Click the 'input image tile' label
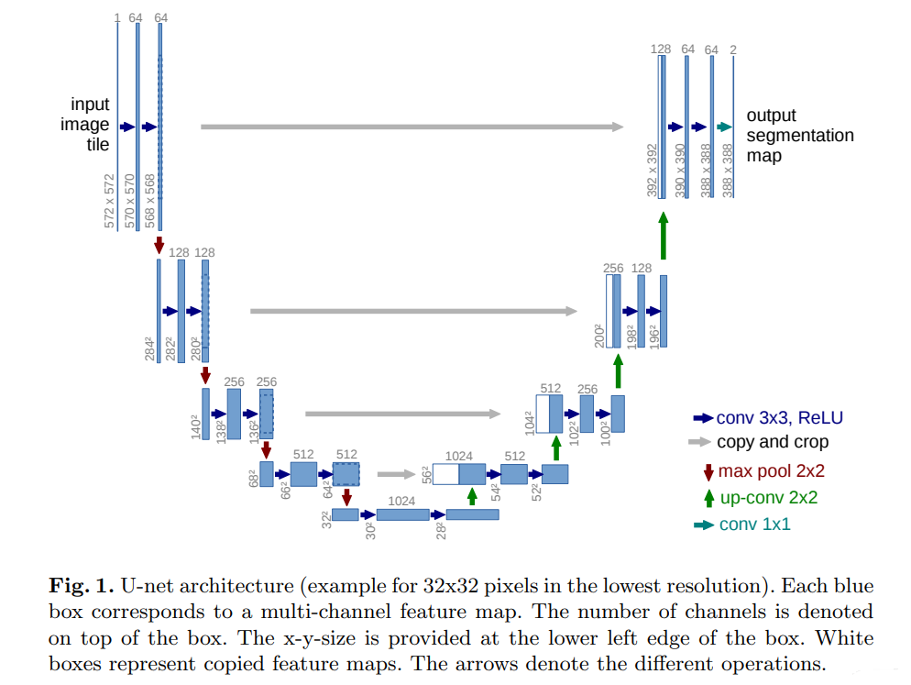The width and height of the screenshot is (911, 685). tap(91, 125)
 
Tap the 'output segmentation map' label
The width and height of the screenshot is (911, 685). tap(799, 136)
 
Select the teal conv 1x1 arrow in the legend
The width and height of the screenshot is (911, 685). tap(703, 525)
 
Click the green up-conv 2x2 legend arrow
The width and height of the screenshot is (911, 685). tap(708, 498)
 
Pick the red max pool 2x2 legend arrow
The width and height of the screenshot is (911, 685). tap(708, 471)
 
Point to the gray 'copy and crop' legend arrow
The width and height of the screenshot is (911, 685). tap(699, 442)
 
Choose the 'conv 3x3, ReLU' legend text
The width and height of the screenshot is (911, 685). tap(779, 418)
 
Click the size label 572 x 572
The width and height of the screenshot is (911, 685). tap(111, 200)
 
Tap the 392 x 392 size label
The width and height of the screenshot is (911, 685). tap(653, 170)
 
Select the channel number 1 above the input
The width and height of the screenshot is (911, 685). tap(117, 17)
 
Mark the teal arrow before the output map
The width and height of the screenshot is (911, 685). tap(724, 127)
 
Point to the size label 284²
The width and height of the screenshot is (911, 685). tap(149, 349)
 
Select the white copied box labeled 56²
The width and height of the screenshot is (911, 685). tap(445, 473)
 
